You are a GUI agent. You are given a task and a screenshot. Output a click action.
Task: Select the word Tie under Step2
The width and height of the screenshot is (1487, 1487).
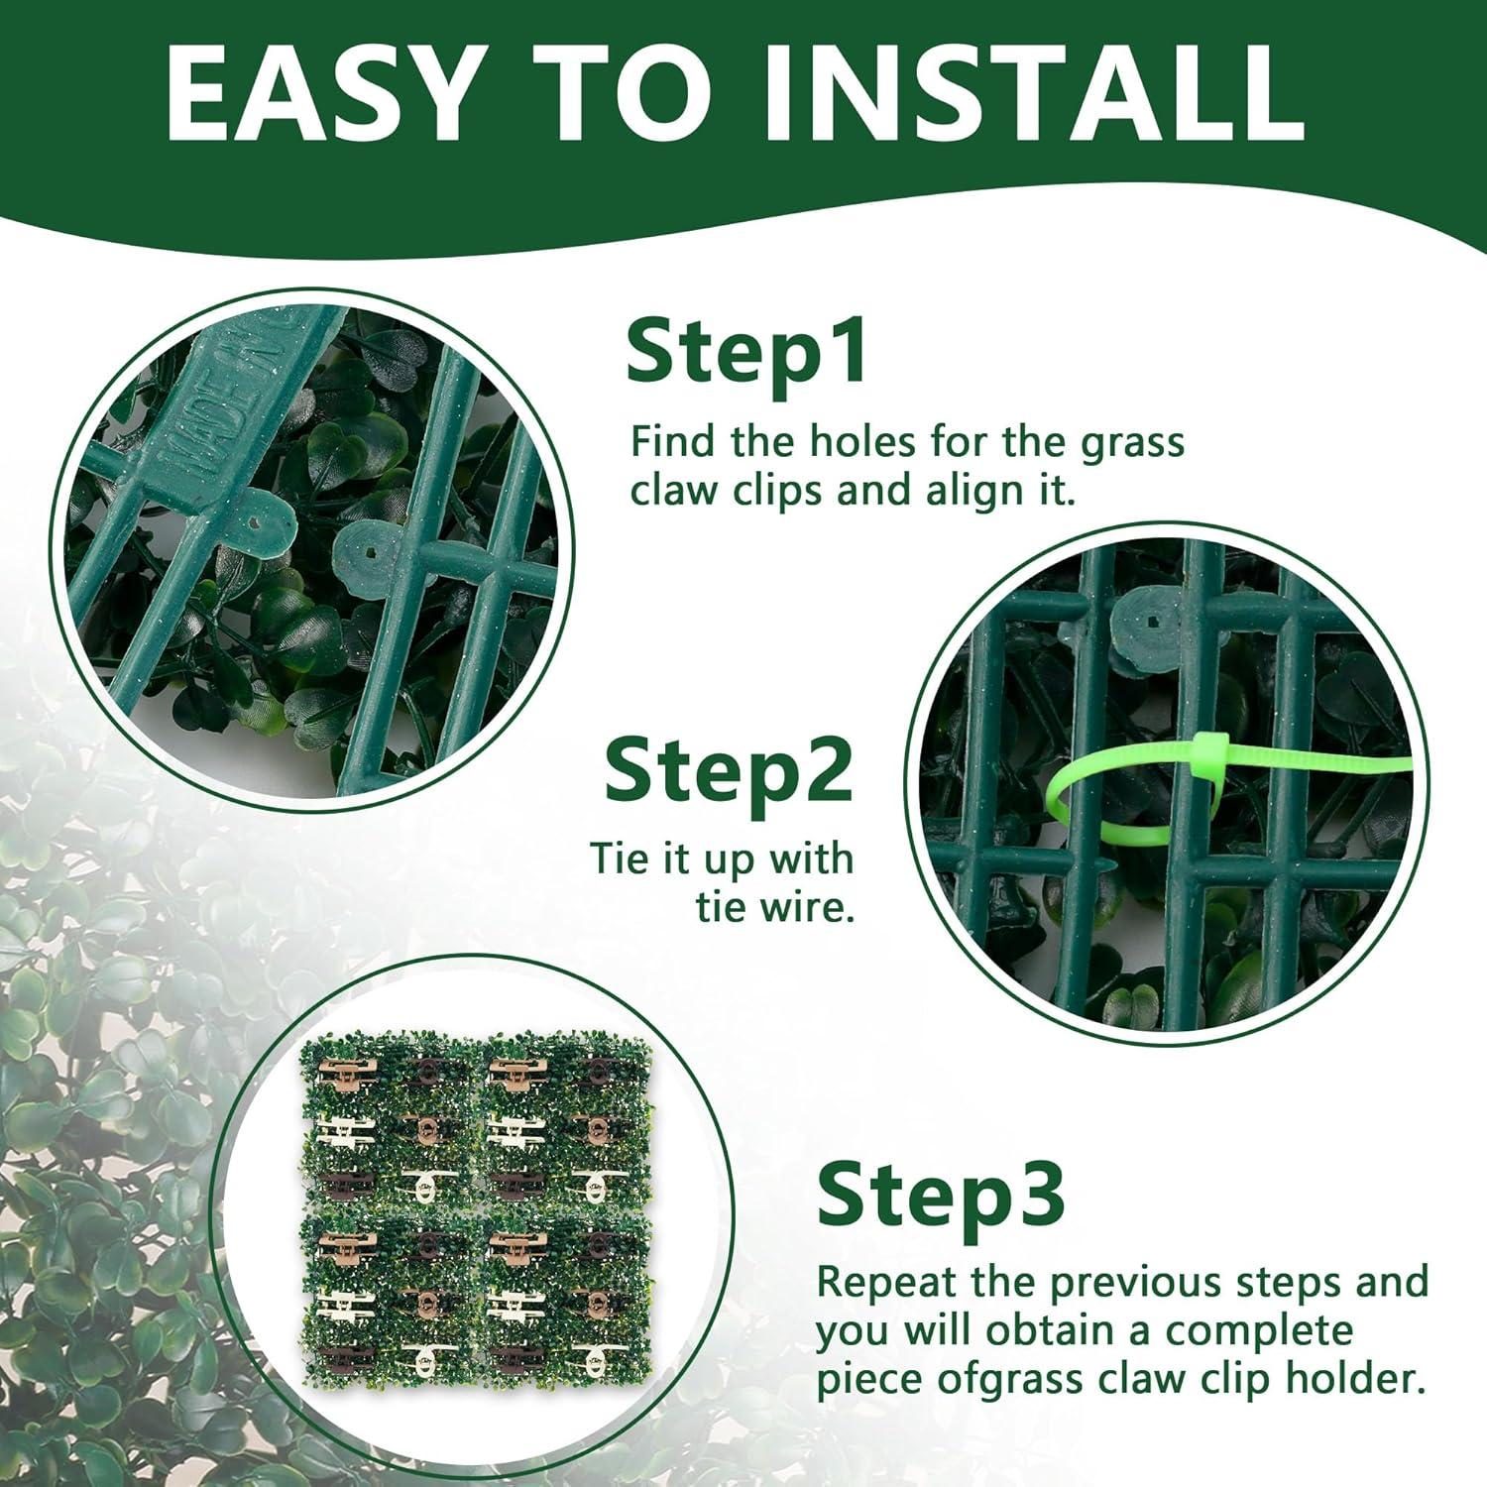click(622, 858)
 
